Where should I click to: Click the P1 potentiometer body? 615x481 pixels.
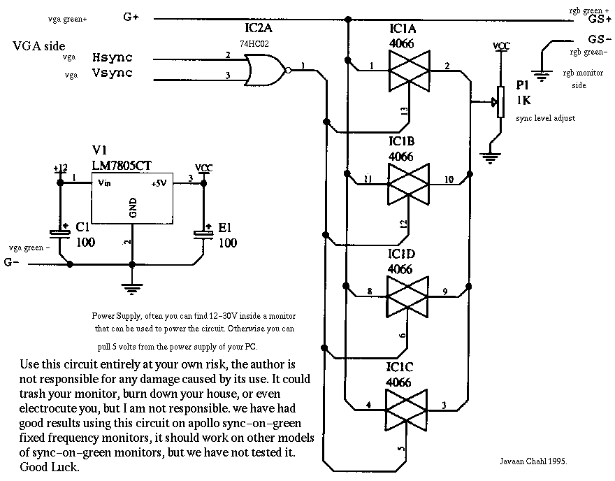tap(499, 102)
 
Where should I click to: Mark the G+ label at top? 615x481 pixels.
tap(131, 18)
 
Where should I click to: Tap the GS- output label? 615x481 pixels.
tap(600, 39)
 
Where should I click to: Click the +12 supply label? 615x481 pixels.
tap(60, 168)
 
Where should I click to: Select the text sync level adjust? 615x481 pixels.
tap(546, 118)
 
